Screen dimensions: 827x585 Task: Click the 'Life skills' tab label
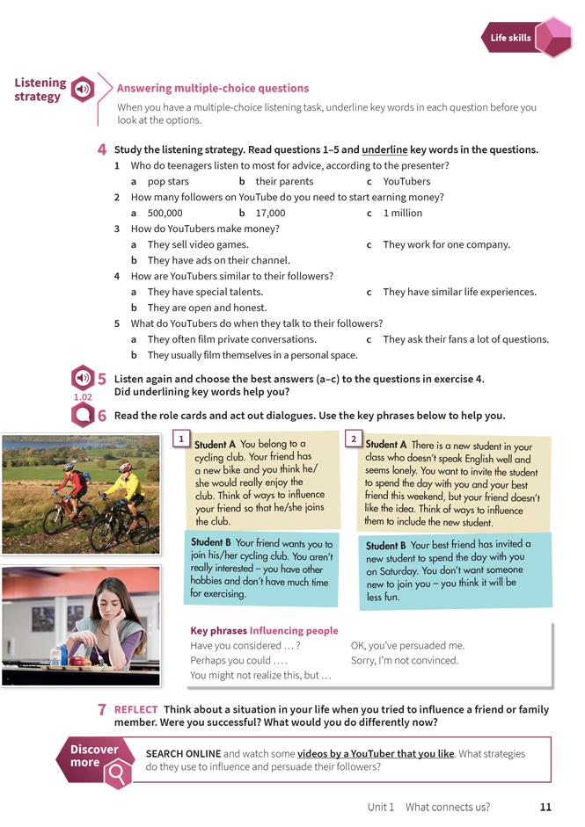click(510, 38)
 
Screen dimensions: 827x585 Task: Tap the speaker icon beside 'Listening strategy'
click(83, 89)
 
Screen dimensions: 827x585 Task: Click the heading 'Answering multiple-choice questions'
click(213, 88)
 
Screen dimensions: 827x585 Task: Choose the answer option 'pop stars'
click(168, 182)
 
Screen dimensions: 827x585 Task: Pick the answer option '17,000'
click(270, 213)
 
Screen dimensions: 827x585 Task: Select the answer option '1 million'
click(403, 213)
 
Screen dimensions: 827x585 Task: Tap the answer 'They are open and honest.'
click(207, 308)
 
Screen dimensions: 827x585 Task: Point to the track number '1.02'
click(83, 397)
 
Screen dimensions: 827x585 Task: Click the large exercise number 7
click(102, 709)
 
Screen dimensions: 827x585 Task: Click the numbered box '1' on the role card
click(180, 438)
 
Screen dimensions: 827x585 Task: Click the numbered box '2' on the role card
click(353, 438)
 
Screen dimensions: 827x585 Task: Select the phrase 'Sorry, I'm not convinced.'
click(405, 660)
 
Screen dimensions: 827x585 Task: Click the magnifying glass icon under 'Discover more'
click(117, 773)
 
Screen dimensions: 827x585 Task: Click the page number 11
click(545, 807)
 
